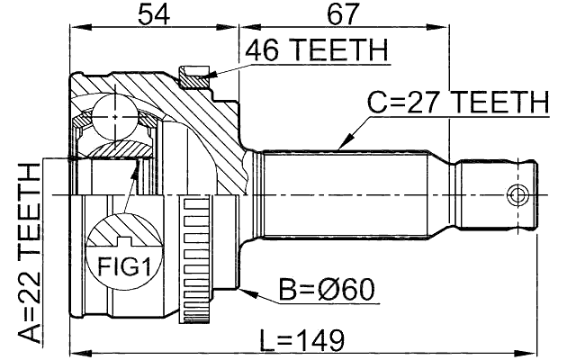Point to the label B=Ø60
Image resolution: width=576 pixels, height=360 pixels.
click(327, 289)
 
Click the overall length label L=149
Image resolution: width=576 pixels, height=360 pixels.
click(301, 339)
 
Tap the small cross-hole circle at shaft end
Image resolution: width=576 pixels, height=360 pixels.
click(517, 194)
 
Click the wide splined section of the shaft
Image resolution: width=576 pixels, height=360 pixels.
click(351, 193)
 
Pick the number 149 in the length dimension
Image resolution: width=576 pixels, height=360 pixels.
click(323, 339)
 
